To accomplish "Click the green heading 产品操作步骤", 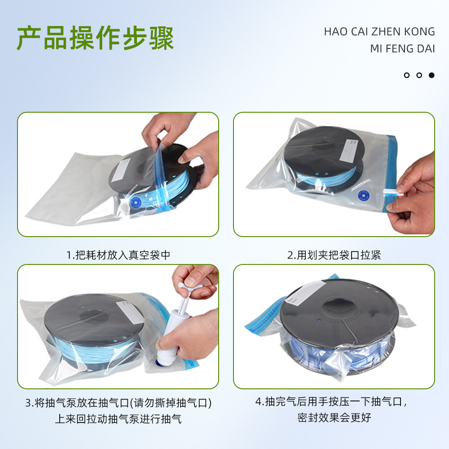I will click(x=95, y=39).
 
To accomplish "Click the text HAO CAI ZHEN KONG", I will click(x=379, y=31).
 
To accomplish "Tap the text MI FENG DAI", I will click(x=402, y=48).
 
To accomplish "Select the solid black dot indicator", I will click(x=431, y=75).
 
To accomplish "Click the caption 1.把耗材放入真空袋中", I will click(x=118, y=255).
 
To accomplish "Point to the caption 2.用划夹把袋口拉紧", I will click(x=334, y=255).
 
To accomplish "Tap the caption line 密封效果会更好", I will click(x=334, y=417).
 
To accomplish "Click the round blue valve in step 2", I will click(x=362, y=196).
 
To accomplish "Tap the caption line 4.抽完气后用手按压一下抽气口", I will click(x=334, y=401).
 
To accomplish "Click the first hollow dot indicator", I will click(x=407, y=75).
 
